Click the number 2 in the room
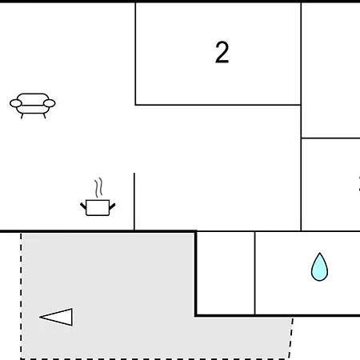point(222,52)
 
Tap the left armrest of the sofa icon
point(16,103)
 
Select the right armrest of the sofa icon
point(50,103)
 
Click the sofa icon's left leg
point(22,116)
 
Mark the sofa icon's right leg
point(44,116)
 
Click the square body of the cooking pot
point(98,207)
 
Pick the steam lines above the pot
point(98,187)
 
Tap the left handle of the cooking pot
point(83,206)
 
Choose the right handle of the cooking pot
point(112,206)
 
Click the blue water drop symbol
point(319,266)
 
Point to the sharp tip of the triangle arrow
point(40,317)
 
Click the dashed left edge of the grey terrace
point(21,296)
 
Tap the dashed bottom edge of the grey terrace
point(154,358)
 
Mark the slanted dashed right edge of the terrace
point(291,338)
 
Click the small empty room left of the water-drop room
point(226,273)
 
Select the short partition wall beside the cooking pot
point(134,202)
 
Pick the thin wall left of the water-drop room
point(255,273)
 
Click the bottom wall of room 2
point(218,105)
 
